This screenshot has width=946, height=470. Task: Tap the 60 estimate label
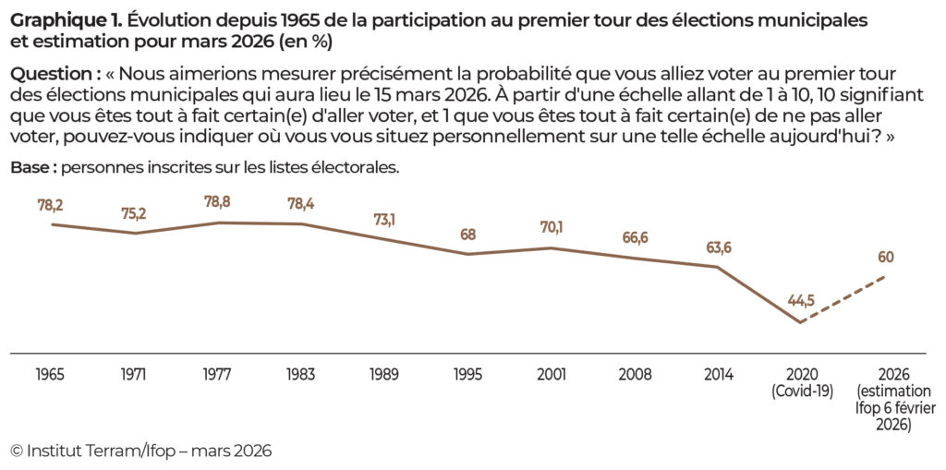885,257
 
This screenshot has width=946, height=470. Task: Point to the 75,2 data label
135,214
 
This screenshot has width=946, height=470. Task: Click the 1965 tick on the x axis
51,374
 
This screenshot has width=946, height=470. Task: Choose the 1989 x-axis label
384,374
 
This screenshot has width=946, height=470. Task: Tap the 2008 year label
635,374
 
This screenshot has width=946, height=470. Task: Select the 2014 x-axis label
718,374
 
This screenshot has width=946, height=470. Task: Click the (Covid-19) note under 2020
801,391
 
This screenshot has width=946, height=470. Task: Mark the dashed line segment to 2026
843,298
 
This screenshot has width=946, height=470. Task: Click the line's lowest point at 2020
800,322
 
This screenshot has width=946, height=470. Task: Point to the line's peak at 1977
218,223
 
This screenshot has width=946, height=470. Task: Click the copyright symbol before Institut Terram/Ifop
17,450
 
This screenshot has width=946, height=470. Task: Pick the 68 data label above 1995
468,235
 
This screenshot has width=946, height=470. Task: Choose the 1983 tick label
301,374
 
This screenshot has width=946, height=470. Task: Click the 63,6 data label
718,247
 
